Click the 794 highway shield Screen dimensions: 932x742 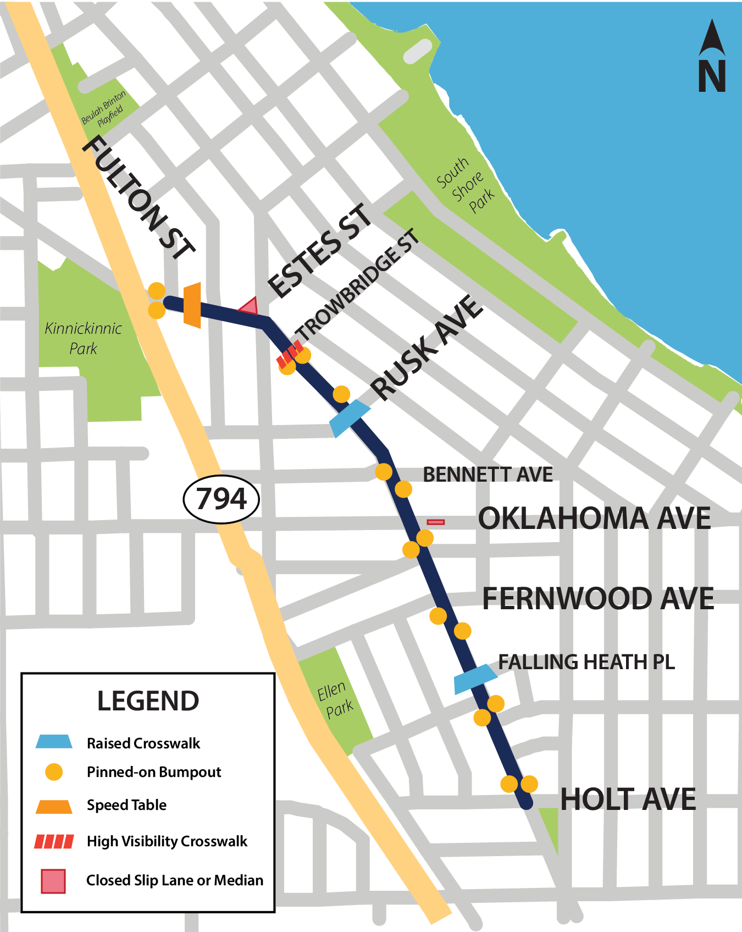click(221, 499)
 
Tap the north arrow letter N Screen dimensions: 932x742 click(712, 76)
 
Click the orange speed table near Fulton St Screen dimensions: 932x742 click(192, 305)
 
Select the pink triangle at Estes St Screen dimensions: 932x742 click(250, 306)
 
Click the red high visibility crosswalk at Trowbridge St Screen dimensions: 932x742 click(289, 354)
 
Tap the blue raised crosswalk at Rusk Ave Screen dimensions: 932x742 click(350, 418)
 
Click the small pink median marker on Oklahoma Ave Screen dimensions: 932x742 click(436, 522)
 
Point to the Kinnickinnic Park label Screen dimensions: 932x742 click(83, 338)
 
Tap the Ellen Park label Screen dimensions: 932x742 click(335, 699)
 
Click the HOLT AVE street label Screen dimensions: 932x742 click(628, 799)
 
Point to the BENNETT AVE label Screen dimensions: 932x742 click(488, 475)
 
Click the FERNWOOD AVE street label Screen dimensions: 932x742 click(597, 598)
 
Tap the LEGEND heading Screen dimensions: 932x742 click(148, 701)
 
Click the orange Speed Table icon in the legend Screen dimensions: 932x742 click(54, 806)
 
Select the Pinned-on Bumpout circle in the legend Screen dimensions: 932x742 click(54, 772)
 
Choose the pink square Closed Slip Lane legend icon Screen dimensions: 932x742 click(53, 880)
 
